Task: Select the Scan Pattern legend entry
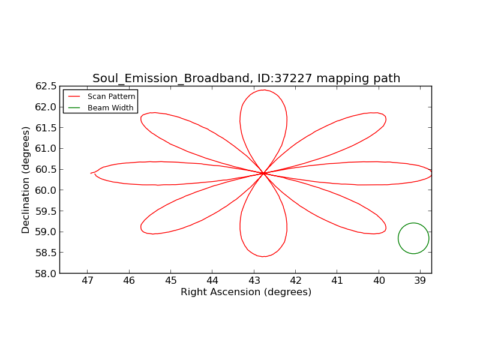[101, 97]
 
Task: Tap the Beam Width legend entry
[101, 108]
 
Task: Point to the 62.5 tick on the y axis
[46, 86]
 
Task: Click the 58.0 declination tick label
[46, 274]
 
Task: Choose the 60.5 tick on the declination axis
[46, 169]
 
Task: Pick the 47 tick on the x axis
[88, 280]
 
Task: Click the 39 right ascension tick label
[421, 280]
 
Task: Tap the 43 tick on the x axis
[254, 280]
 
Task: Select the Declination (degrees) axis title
[25, 180]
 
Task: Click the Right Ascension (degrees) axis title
[246, 292]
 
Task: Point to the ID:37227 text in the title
[284, 78]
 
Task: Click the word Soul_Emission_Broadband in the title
[171, 79]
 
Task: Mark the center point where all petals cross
[263, 173]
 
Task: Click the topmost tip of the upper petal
[263, 90]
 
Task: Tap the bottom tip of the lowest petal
[263, 257]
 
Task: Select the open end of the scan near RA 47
[91, 173]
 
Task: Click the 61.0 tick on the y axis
[46, 148]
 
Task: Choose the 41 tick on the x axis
[337, 280]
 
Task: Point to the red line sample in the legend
[74, 97]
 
